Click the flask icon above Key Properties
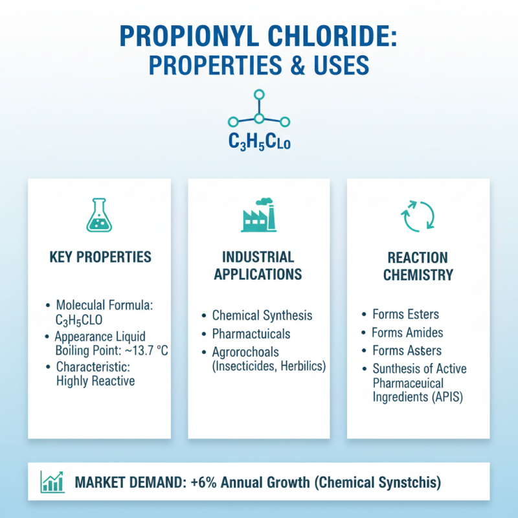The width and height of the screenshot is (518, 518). click(x=99, y=216)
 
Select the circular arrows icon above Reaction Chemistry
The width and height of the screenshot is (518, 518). click(x=418, y=216)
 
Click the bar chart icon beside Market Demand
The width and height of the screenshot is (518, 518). click(x=51, y=482)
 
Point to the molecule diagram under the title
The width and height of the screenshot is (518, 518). click(x=259, y=112)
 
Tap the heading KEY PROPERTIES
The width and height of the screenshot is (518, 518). click(x=100, y=257)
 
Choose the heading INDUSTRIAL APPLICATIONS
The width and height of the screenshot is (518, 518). click(x=258, y=265)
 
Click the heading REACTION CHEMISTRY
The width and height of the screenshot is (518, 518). click(x=418, y=265)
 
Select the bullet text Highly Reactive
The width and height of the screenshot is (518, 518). click(x=95, y=381)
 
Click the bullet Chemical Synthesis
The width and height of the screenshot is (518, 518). click(x=262, y=315)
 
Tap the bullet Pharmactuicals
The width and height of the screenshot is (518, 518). click(x=251, y=334)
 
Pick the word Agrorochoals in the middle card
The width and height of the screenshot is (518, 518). click(x=245, y=353)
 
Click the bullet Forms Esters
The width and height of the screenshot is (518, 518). click(x=405, y=315)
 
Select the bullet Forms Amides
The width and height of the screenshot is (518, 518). click(x=407, y=333)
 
